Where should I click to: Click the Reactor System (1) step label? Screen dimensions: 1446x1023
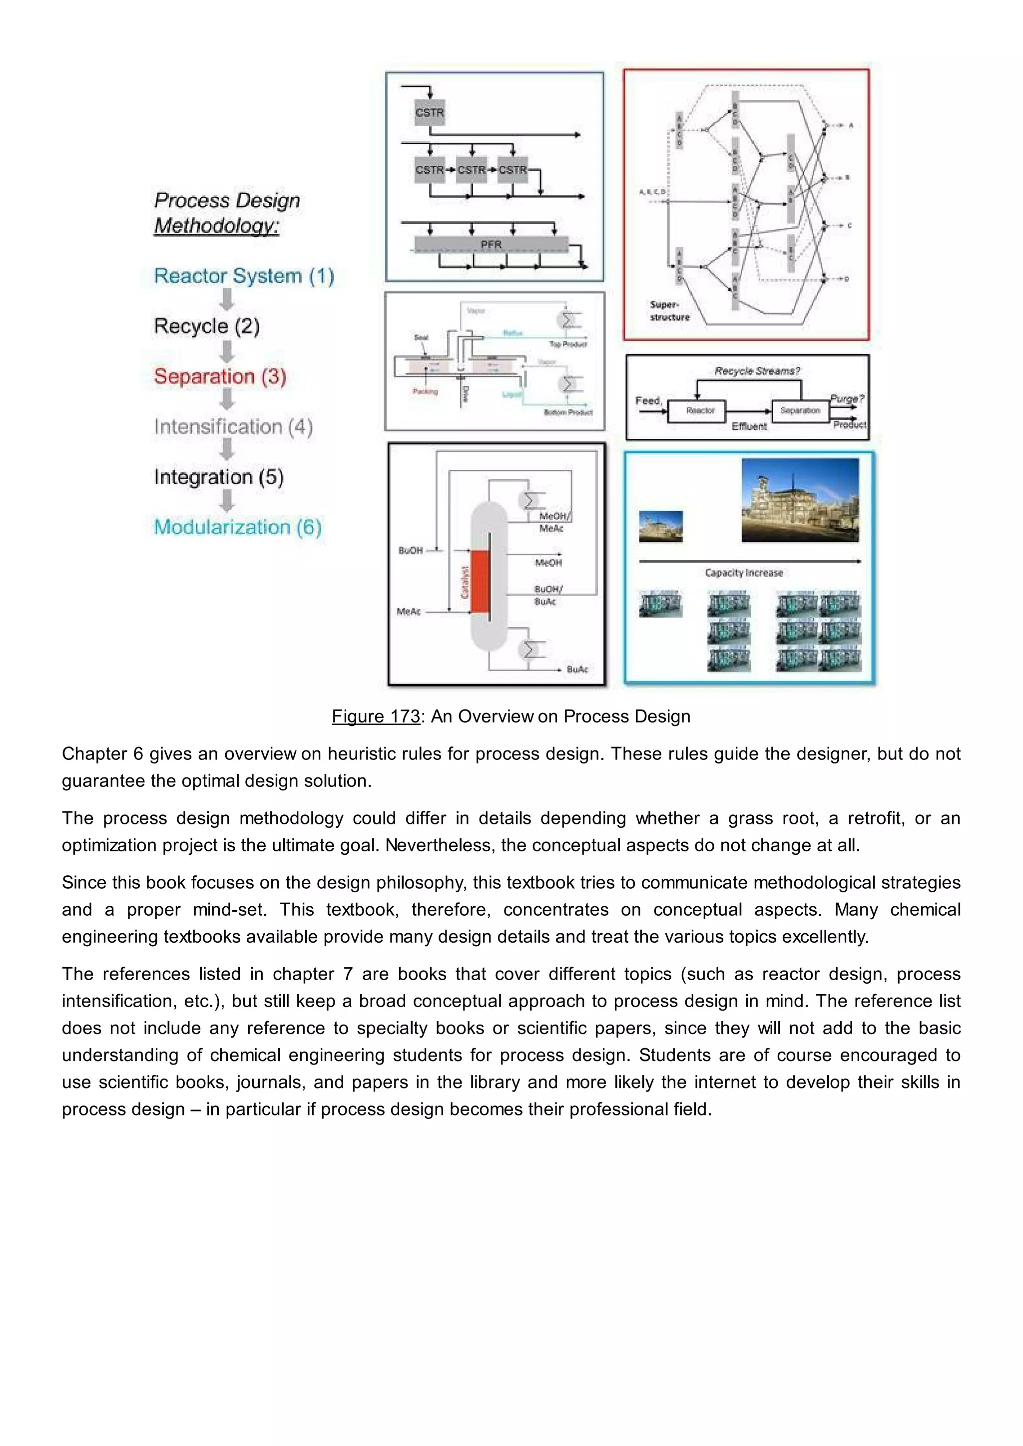(244, 276)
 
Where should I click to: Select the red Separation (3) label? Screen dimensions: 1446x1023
(220, 376)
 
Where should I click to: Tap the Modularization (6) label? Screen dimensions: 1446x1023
(237, 527)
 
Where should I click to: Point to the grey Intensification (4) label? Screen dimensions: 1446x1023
(233, 426)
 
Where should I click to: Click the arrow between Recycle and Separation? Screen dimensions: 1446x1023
(227, 351)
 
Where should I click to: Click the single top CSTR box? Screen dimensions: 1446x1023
(430, 113)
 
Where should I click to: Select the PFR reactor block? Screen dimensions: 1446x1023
(492, 244)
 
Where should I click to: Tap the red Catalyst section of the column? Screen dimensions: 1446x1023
(480, 581)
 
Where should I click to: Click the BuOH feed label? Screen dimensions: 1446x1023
(411, 550)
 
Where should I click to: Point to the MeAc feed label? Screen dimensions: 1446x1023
(409, 612)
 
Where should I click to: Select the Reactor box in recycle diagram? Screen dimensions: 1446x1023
(700, 410)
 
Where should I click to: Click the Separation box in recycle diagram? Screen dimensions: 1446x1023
(799, 410)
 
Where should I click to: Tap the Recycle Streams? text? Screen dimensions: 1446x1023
(757, 371)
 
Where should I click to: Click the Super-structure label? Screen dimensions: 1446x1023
(670, 311)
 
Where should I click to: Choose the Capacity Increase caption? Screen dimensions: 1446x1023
(744, 573)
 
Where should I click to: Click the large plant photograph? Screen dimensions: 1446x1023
(800, 500)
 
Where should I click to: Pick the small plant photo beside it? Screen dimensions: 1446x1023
(660, 526)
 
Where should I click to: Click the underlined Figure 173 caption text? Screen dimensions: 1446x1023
(376, 717)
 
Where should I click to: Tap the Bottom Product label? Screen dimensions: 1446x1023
(567, 412)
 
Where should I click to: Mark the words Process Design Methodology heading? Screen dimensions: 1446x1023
(227, 213)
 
